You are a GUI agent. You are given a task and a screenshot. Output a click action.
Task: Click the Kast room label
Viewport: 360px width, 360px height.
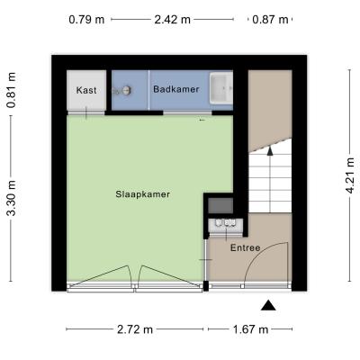pyautogui.click(x=86, y=90)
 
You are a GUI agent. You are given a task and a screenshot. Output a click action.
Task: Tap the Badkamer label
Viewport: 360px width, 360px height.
pyautogui.click(x=176, y=89)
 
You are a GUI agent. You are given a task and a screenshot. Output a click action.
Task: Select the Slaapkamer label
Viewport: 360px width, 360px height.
pyautogui.click(x=143, y=194)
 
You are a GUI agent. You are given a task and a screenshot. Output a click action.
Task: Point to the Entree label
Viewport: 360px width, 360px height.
pyautogui.click(x=245, y=248)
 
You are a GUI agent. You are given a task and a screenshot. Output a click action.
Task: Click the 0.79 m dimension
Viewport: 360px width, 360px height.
pyautogui.click(x=86, y=20)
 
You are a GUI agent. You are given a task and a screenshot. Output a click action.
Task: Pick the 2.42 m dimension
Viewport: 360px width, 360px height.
pyautogui.click(x=173, y=20)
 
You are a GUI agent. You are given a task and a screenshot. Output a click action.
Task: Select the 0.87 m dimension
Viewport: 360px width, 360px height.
pyautogui.click(x=270, y=20)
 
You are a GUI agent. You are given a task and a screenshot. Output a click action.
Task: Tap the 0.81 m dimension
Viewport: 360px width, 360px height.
pyautogui.click(x=12, y=90)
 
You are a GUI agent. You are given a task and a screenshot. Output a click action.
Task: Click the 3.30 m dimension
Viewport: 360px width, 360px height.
pyautogui.click(x=12, y=198)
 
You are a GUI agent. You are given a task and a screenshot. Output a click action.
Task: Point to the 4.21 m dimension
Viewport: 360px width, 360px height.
pyautogui.click(x=350, y=175)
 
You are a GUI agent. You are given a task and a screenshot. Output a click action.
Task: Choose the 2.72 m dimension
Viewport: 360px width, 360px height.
pyautogui.click(x=135, y=329)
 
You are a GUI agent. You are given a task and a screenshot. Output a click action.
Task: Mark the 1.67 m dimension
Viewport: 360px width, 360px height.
pyautogui.click(x=250, y=329)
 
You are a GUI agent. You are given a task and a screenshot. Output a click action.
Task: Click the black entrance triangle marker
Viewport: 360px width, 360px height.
pyautogui.click(x=268, y=306)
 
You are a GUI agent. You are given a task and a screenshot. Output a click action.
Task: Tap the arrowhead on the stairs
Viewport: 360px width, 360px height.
pyautogui.click(x=270, y=150)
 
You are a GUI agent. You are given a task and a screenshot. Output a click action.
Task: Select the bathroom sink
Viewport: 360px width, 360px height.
pyautogui.click(x=221, y=88)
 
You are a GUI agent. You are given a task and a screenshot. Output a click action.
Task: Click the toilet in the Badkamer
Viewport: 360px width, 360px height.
pyautogui.click(x=122, y=90)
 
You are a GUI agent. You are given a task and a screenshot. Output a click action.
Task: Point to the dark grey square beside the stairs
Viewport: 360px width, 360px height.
pyautogui.click(x=220, y=205)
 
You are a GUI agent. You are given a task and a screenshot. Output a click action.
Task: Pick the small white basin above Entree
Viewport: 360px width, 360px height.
pyautogui.click(x=226, y=225)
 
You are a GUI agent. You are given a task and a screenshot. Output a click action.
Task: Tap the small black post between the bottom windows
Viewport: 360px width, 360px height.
pyautogui.click(x=206, y=286)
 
